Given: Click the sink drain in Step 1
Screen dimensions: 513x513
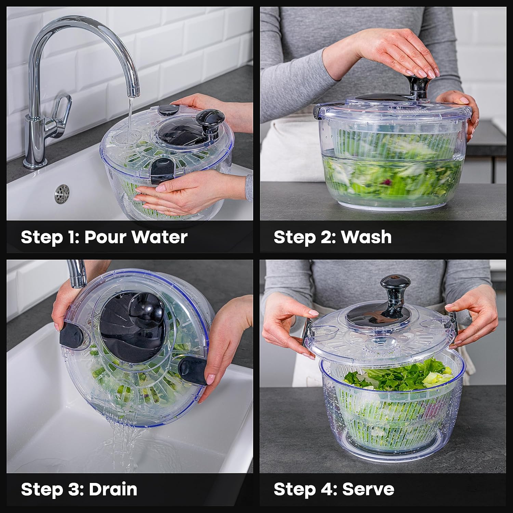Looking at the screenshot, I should [62, 193].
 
